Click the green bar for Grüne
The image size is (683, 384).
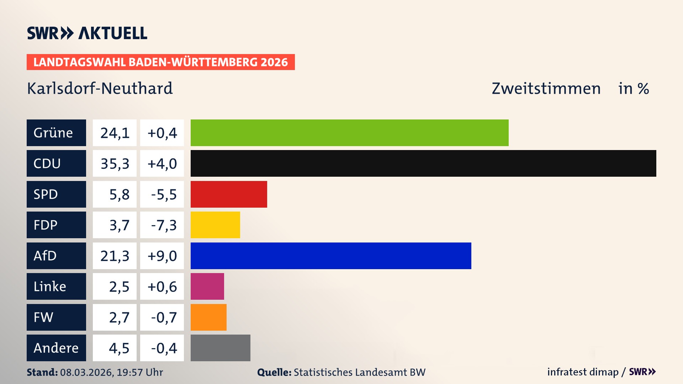[349, 133]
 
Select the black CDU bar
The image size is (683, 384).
[423, 163]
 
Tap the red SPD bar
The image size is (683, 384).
[229, 194]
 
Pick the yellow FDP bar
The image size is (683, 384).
[215, 225]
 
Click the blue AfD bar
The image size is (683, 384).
[331, 256]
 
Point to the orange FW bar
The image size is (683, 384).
[208, 317]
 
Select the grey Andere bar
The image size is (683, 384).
[220, 348]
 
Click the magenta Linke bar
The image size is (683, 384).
[207, 286]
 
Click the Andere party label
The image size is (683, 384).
[56, 348]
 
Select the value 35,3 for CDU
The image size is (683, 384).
[115, 163]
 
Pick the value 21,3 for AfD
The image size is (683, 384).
[115, 256]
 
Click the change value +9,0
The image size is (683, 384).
[162, 256]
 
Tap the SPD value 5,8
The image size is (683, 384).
[119, 194]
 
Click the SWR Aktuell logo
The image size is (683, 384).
[87, 33]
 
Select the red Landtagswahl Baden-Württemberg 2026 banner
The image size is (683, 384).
[160, 62]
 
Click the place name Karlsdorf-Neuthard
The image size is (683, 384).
[100, 88]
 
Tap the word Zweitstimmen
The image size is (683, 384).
[546, 88]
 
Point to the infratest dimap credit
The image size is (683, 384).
[583, 372]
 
